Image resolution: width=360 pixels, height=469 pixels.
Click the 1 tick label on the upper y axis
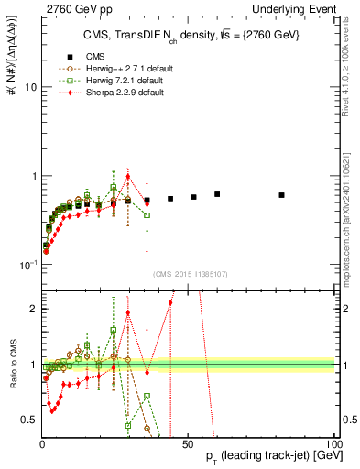click(31, 176)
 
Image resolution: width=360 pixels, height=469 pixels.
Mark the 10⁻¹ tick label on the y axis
click(26, 265)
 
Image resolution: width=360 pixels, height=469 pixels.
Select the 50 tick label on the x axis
click(188, 443)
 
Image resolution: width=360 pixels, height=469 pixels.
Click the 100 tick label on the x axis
click(333, 443)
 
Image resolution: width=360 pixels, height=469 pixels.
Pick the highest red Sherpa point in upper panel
click(128, 177)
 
